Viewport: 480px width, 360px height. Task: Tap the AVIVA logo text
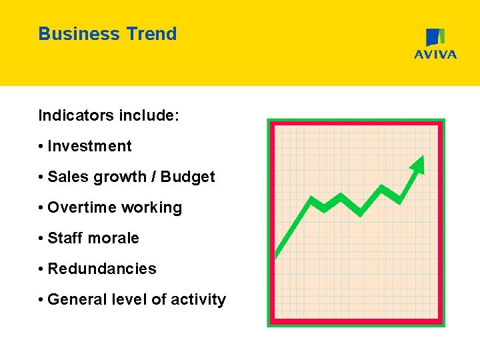pos(435,55)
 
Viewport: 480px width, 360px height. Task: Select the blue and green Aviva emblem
pos(435,37)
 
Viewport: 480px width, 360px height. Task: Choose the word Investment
pos(90,146)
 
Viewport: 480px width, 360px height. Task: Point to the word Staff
pos(62,238)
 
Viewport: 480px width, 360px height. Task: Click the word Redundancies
pos(102,269)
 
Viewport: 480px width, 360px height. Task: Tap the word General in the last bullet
pos(75,299)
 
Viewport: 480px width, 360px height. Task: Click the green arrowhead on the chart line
pos(418,164)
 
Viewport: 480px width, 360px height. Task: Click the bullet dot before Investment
pos(41,147)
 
